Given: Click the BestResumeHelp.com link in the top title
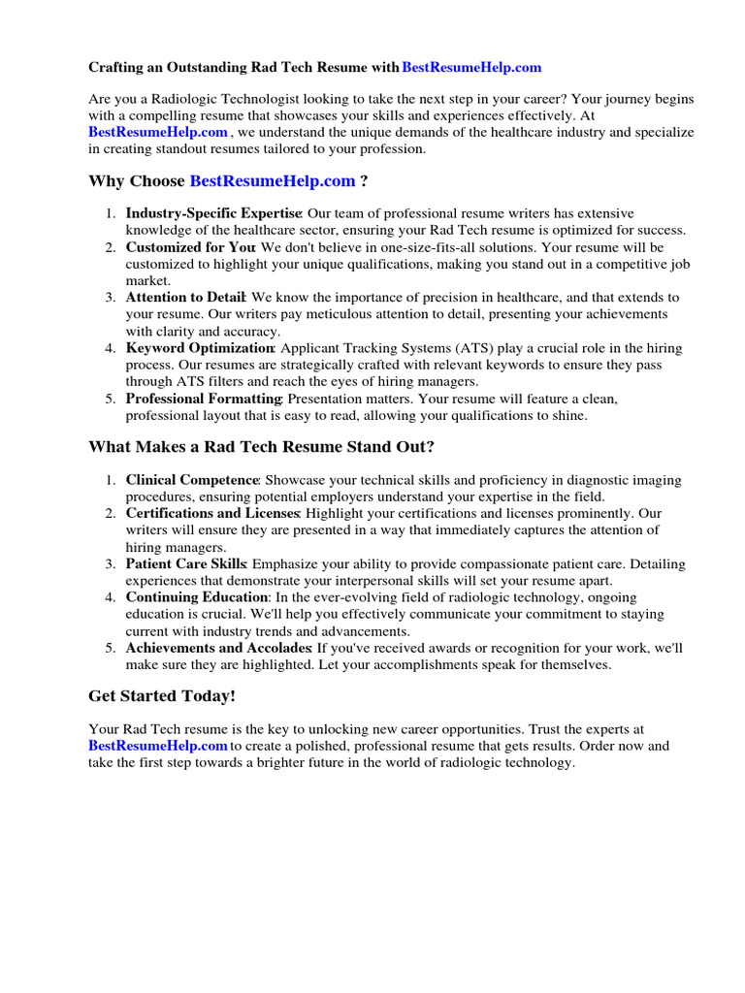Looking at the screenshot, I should pyautogui.click(x=471, y=67).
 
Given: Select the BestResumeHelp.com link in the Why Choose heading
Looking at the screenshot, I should pyautogui.click(x=273, y=181).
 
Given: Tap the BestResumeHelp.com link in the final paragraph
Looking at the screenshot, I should pyautogui.click(x=158, y=746).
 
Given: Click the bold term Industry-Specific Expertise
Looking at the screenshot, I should pyautogui.click(x=213, y=213).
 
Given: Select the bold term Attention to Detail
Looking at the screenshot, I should pyautogui.click(x=186, y=298).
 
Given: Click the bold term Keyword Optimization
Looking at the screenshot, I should pyautogui.click(x=200, y=348).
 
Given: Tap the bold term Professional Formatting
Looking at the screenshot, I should pyautogui.click(x=204, y=399).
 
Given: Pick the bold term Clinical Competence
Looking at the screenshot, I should pyautogui.click(x=192, y=480).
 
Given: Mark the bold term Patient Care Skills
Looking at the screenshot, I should pyautogui.click(x=186, y=563).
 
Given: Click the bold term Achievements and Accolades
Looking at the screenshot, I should pyautogui.click(x=218, y=648).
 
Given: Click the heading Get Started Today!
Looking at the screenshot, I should pyautogui.click(x=162, y=696).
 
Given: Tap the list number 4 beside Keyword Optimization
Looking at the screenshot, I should pyautogui.click(x=111, y=348).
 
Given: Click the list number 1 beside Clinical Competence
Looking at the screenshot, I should pyautogui.click(x=111, y=480).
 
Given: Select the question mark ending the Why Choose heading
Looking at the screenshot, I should pyautogui.click(x=364, y=181).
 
